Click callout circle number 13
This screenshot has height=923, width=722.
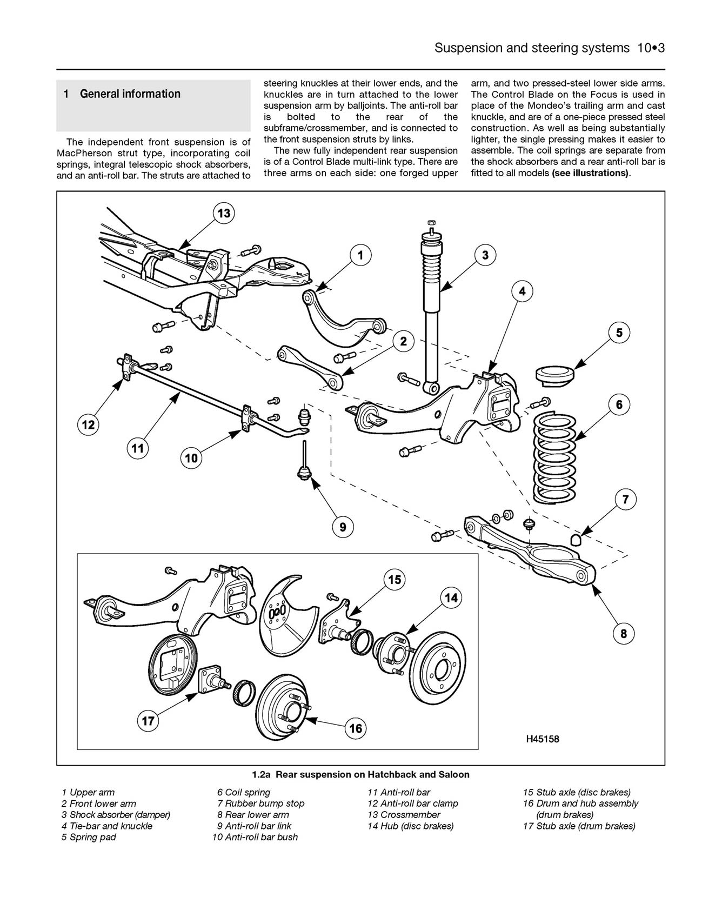click(x=223, y=213)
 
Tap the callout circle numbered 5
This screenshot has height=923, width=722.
click(x=619, y=333)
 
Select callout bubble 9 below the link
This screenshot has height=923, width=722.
click(x=343, y=526)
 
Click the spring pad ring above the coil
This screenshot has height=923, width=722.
click(x=554, y=374)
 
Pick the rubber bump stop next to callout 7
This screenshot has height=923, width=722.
click(x=576, y=539)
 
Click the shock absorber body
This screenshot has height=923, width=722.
click(x=431, y=346)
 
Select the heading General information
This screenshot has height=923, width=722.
click(x=130, y=94)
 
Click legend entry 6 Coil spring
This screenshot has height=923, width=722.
click(x=244, y=793)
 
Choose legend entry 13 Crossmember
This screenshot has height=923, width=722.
click(x=404, y=815)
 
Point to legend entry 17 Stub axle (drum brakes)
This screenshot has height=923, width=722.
click(x=579, y=826)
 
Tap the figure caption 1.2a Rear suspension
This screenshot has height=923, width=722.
click(x=360, y=774)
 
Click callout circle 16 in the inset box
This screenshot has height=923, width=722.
click(x=356, y=728)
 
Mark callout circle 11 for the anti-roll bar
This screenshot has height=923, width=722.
click(x=138, y=448)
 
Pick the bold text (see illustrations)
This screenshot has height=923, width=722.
click(x=591, y=173)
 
